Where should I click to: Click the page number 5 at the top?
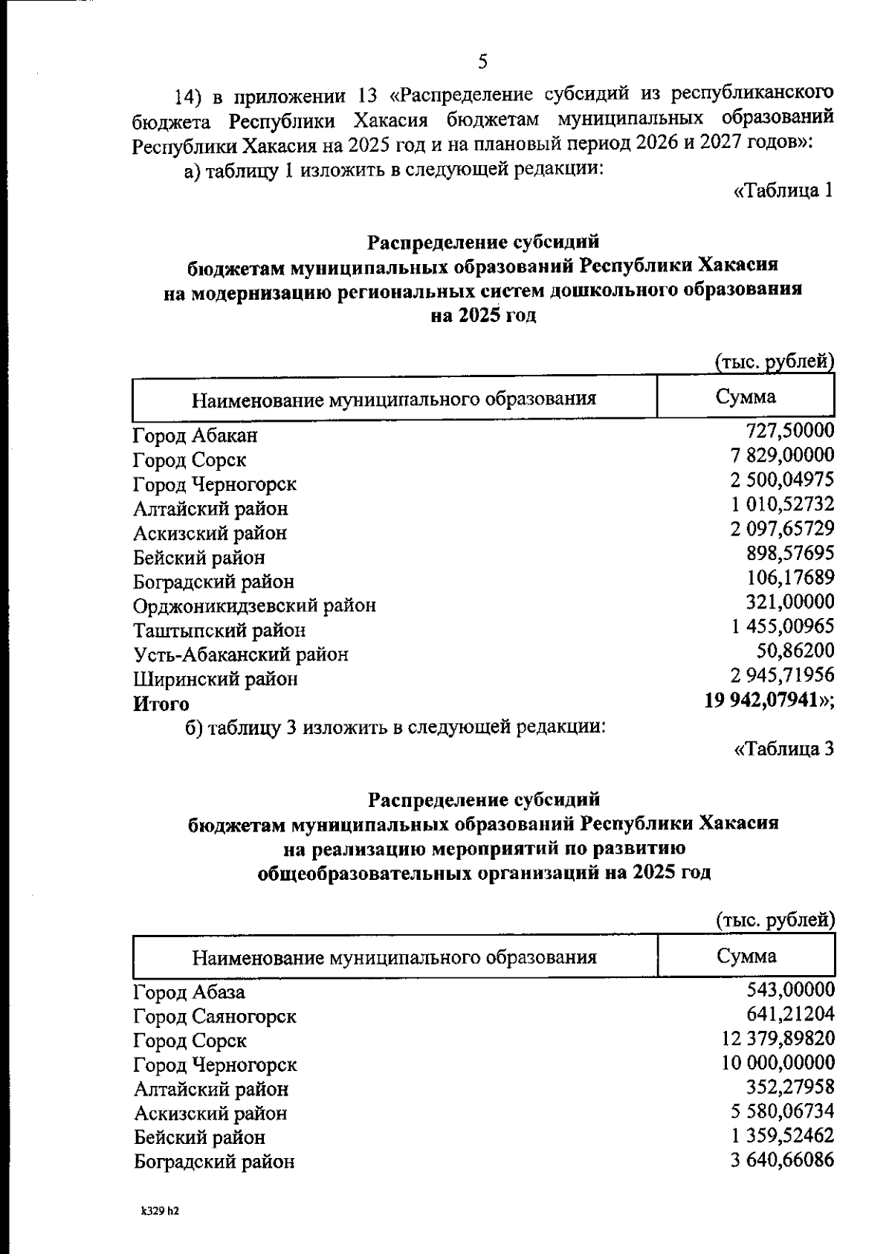click(x=482, y=62)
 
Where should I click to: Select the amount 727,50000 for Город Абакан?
click(x=789, y=431)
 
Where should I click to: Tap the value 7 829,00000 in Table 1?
click(x=783, y=455)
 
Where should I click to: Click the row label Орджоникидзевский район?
click(x=254, y=605)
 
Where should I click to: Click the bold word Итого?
click(x=161, y=703)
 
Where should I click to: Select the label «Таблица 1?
click(x=783, y=190)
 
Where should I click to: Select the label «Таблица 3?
click(x=783, y=748)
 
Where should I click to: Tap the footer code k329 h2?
click(x=161, y=1211)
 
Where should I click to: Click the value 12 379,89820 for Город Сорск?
click(x=778, y=1038)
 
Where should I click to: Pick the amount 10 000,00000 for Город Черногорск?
click(x=778, y=1063)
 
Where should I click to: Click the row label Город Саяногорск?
click(x=215, y=1016)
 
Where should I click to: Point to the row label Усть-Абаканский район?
click(x=240, y=655)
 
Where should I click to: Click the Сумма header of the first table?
click(x=746, y=396)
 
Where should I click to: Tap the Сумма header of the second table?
click(x=746, y=956)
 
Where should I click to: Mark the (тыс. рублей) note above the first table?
click(x=774, y=362)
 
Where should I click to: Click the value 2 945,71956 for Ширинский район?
click(x=783, y=675)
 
